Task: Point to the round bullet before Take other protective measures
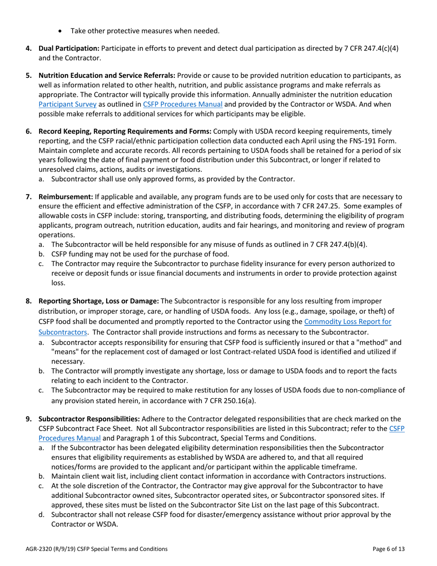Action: click(62, 31)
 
